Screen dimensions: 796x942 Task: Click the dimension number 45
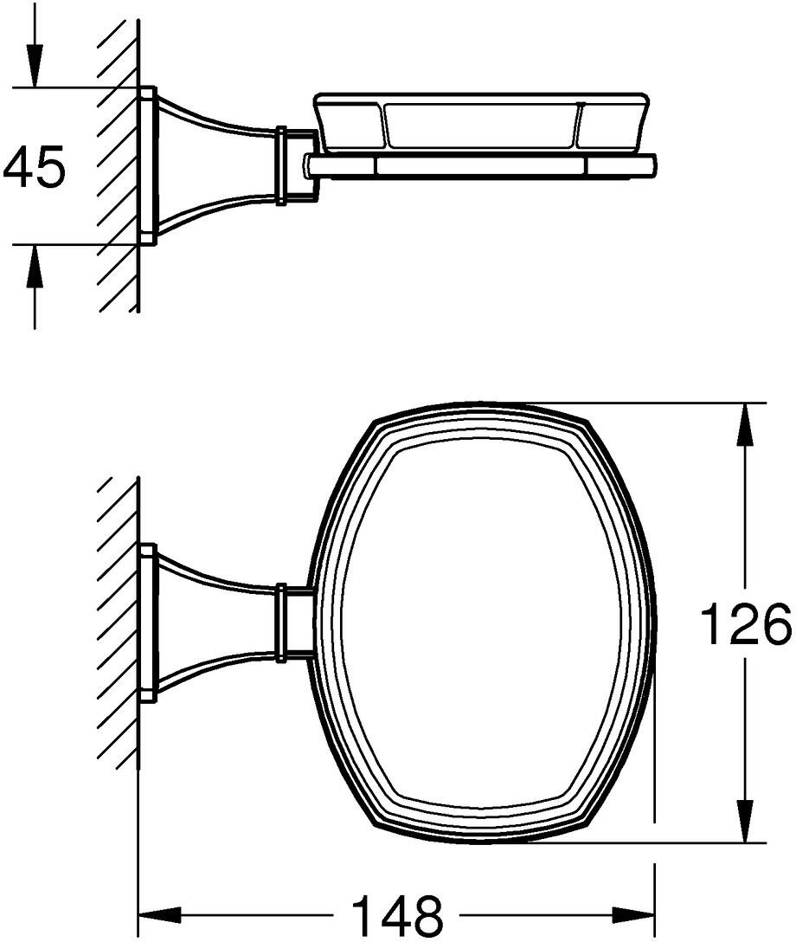tap(34, 166)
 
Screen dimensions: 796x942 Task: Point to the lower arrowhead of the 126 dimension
tap(745, 820)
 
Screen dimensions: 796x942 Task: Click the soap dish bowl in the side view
tap(481, 122)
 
